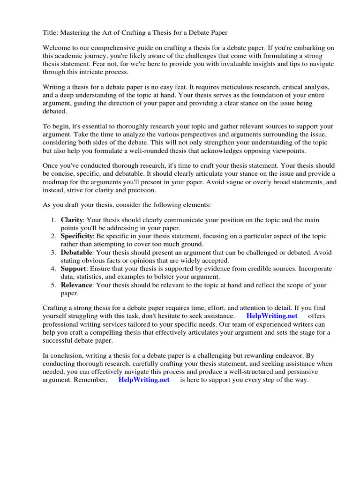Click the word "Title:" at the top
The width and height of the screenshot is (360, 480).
point(51,32)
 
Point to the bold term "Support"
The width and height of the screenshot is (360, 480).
point(73,269)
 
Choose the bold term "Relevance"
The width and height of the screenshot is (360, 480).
point(76,285)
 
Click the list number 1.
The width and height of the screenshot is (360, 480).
point(52,219)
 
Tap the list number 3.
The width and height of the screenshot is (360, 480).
point(52,252)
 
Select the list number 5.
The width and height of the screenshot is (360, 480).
point(52,285)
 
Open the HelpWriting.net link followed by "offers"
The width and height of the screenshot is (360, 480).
point(271,316)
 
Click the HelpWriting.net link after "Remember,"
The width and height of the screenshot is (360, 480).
point(144,380)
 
